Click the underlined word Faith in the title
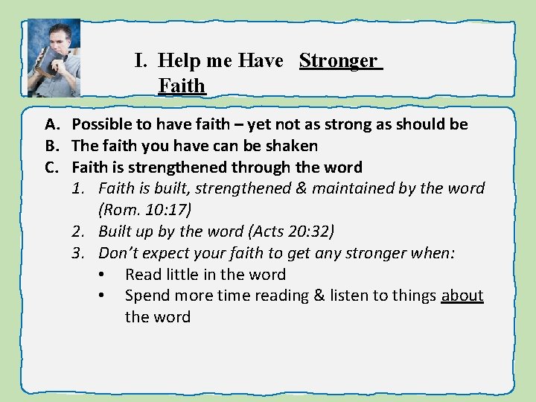pos(181,86)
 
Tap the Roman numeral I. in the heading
pos(142,60)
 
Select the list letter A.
pos(53,124)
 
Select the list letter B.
pos(53,146)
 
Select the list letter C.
pos(53,167)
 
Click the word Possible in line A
pos(103,124)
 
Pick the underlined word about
pos(462,296)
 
